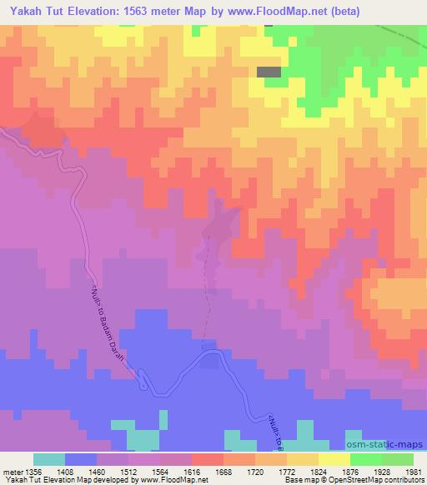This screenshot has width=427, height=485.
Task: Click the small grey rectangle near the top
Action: pyautogui.click(x=268, y=72)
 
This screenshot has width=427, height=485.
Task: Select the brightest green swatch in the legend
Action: pyautogui.click(x=366, y=459)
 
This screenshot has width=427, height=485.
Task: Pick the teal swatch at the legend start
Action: pyautogui.click(x=48, y=459)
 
